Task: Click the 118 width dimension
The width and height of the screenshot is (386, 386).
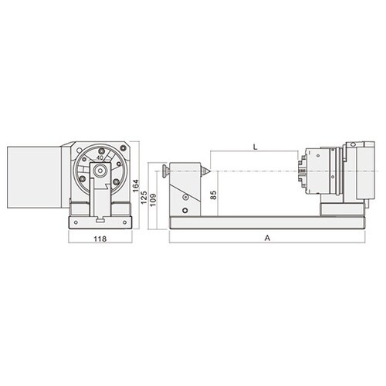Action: (100, 239)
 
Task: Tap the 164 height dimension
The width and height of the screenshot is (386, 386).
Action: (135, 185)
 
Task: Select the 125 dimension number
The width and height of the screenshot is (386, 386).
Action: (144, 197)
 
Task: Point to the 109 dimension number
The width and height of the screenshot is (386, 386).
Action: (153, 201)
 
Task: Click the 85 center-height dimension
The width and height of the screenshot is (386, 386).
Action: (214, 195)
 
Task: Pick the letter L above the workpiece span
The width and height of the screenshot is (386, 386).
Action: (255, 147)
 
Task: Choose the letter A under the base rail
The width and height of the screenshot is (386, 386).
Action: (268, 238)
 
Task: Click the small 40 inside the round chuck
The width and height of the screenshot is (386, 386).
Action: (100, 157)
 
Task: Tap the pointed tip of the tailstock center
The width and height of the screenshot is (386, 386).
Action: (211, 171)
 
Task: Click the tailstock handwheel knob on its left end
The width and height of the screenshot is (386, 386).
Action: (166, 171)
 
